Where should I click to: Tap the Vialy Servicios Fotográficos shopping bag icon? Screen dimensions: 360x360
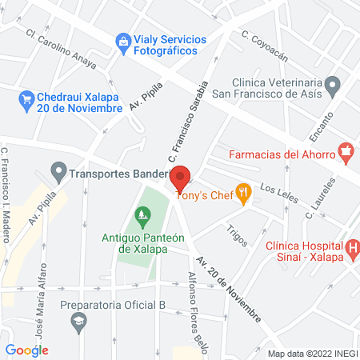[122, 40]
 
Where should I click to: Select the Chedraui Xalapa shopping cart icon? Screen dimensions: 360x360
[25, 98]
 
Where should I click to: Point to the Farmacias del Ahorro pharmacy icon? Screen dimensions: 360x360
[346, 150]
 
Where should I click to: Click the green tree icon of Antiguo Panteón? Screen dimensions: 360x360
[142, 214]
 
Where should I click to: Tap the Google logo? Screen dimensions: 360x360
[27, 350]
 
